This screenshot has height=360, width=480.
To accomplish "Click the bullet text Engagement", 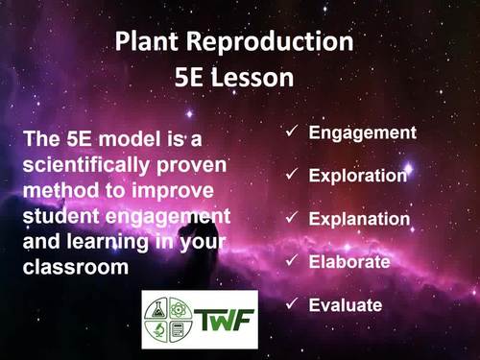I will [x=362, y=132].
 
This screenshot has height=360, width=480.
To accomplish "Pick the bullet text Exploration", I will [x=358, y=176].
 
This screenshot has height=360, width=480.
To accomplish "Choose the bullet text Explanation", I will [x=359, y=219].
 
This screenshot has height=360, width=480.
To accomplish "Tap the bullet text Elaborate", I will [x=349, y=261].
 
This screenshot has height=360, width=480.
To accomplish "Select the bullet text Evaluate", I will [x=346, y=305].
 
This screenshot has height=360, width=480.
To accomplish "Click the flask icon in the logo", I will [x=158, y=309].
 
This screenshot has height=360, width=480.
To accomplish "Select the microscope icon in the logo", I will [x=158, y=330].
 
